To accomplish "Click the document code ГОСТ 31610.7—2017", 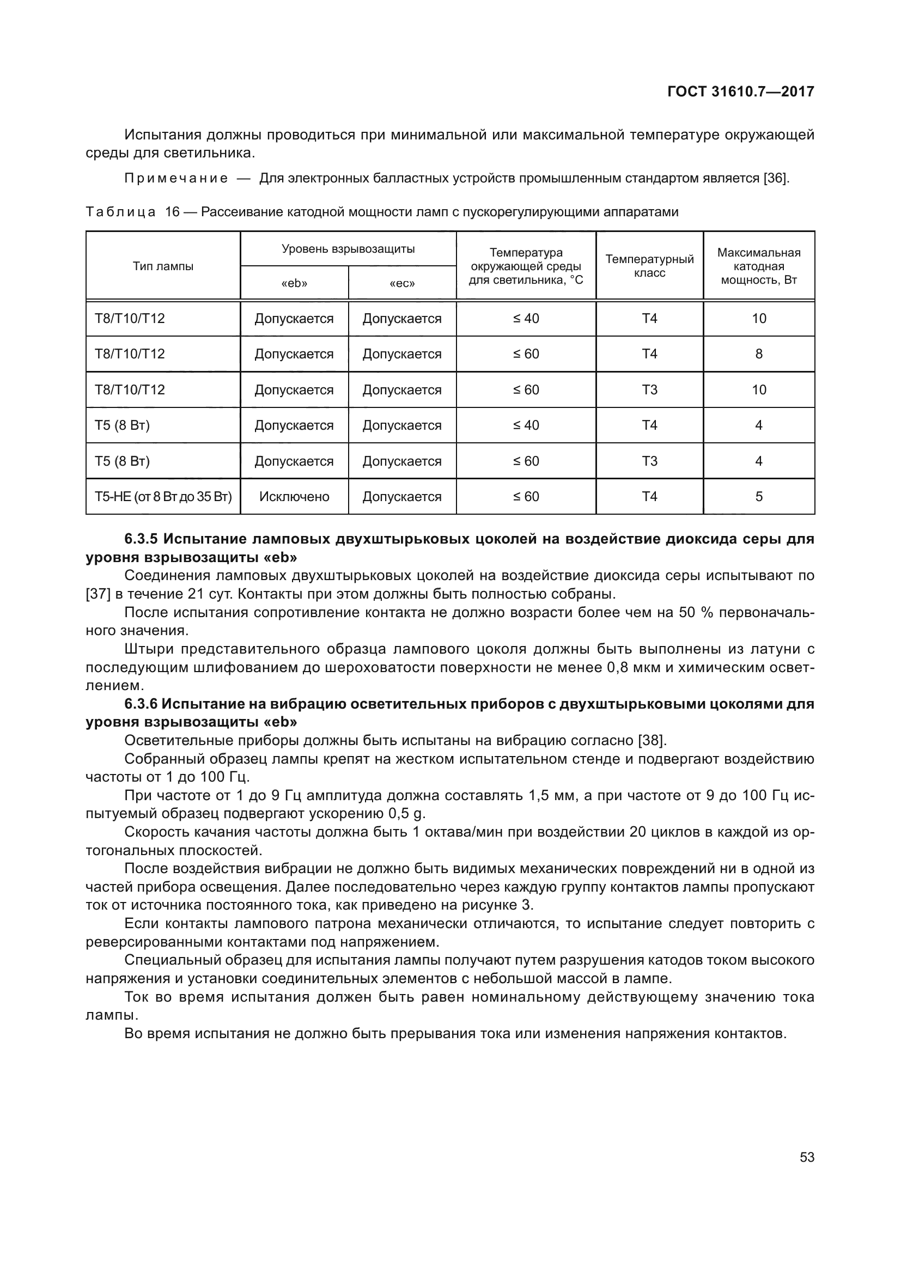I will [x=741, y=92].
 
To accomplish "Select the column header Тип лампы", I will [x=163, y=266].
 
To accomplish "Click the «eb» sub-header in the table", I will [x=294, y=284].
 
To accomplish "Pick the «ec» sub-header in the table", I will [x=402, y=284].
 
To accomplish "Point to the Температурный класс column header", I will [x=649, y=266].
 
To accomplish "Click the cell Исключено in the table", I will [x=294, y=497].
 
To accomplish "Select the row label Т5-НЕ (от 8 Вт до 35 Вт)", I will [x=163, y=497].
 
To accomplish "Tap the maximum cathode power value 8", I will [x=758, y=354].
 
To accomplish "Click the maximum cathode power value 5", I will [x=758, y=497].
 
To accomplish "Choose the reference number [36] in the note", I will [x=776, y=179].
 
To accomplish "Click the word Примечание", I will [x=176, y=179].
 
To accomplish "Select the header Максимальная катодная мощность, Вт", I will [x=758, y=266].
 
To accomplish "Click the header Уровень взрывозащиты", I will [x=348, y=249].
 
